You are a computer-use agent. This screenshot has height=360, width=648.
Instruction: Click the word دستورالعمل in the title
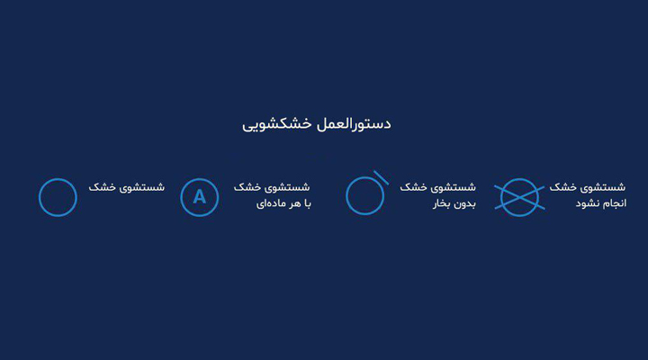coord(354,124)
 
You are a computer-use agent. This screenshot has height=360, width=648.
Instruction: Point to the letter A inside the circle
coord(200,197)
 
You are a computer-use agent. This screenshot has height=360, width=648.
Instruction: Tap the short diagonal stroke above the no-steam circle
coord(381,177)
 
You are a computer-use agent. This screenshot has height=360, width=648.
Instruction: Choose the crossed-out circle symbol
coord(519,198)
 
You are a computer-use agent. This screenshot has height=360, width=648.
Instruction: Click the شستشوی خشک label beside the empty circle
coord(127,187)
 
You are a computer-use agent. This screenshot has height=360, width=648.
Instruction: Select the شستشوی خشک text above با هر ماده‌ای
coord(272,187)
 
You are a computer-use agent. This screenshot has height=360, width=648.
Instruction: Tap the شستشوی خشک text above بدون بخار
coord(437,187)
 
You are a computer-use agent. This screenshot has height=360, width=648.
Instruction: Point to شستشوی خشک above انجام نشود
coord(587,187)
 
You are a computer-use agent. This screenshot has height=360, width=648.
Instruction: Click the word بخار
coord(443,203)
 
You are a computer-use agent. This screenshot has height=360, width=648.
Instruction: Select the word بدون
coord(466,203)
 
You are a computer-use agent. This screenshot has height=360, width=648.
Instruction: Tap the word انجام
coord(615,203)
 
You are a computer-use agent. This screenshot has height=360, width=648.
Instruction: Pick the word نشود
coord(588,203)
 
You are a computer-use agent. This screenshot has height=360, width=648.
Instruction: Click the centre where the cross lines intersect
coord(519,198)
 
